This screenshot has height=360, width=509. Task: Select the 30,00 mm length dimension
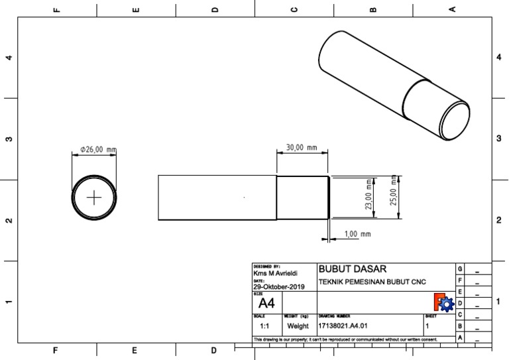pos(302,147)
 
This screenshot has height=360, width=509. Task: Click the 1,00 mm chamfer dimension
pos(357,235)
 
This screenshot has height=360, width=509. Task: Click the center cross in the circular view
pos(95,198)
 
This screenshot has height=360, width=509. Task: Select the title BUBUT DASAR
pos(353,269)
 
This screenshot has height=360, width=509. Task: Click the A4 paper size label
pos(266,304)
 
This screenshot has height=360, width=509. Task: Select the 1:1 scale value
pos(264,327)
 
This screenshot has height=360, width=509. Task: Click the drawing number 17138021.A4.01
pos(343,327)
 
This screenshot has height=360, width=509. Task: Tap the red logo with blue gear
pos(443,303)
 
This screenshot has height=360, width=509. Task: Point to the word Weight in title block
pos(298,327)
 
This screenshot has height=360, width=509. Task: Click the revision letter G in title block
pos(459,269)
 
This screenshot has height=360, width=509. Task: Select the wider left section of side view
pos(217,197)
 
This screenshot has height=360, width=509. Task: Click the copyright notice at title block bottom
pos(345,339)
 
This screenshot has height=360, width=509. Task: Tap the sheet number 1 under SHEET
pos(427,327)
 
